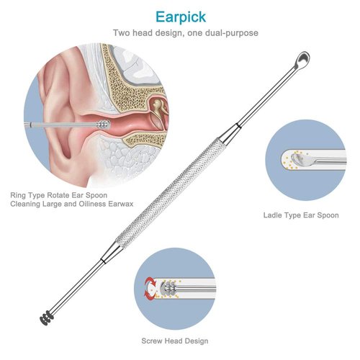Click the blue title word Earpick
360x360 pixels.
[x=181, y=17]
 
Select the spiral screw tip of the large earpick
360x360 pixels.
[x=46, y=318]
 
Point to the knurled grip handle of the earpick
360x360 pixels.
[x=171, y=194]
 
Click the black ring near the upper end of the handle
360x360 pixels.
[x=238, y=125]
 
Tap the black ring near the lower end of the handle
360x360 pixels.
[x=103, y=261]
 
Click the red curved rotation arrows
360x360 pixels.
[x=150, y=287]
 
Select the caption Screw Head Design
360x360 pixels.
[x=175, y=341]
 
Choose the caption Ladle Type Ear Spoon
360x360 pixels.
[x=301, y=215]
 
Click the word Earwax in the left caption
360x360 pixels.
[x=121, y=204]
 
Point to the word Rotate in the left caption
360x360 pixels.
[x=58, y=195]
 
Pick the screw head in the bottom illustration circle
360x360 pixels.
[x=168, y=287]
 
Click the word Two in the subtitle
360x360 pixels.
[x=122, y=33]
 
